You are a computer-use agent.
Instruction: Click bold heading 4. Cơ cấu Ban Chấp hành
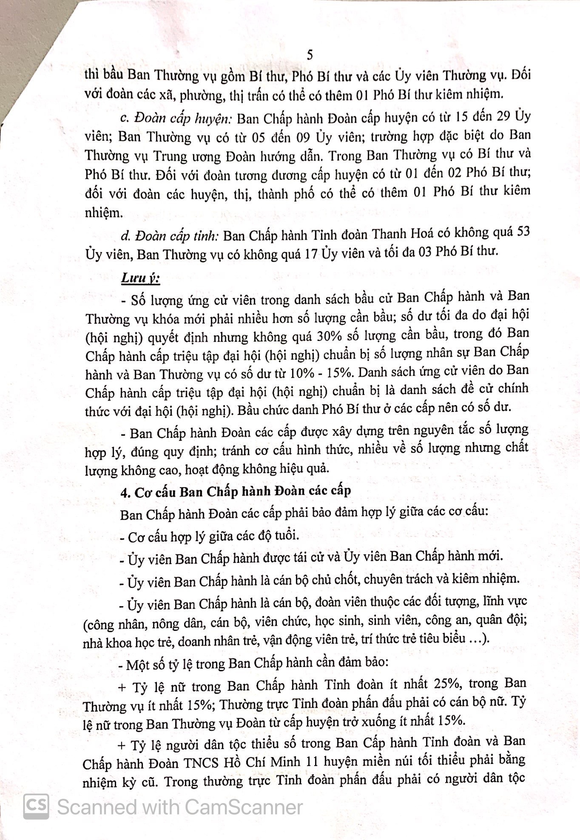pos(236,491)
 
